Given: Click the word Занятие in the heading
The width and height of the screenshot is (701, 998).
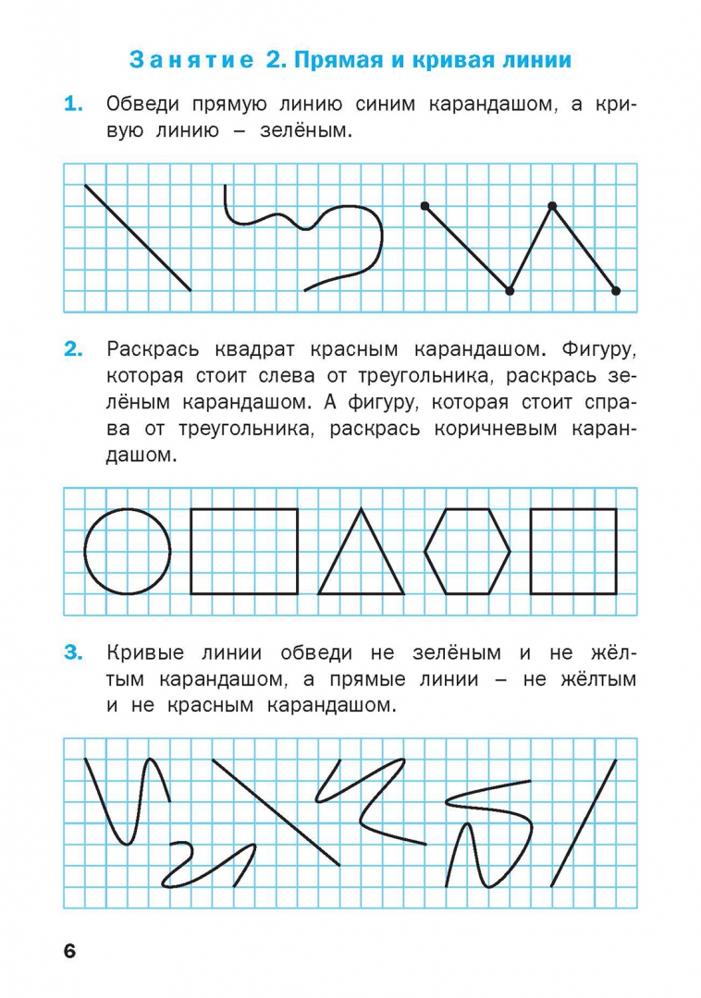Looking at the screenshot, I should click(x=191, y=61).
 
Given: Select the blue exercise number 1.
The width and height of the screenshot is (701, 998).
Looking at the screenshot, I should click(x=73, y=105).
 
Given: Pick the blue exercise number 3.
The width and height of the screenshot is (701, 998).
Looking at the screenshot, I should click(x=73, y=653).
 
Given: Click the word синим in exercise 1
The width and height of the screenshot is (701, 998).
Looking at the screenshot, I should click(x=382, y=105).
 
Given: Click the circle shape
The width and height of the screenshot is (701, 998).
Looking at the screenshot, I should click(x=128, y=552).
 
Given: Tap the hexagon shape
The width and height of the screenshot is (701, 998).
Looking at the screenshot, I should click(x=467, y=551).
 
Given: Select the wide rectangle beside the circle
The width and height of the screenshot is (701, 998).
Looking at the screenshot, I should click(x=244, y=551).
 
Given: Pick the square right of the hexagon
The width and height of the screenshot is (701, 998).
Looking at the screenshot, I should click(x=573, y=551).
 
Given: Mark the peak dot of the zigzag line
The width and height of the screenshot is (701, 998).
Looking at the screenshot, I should click(x=552, y=205).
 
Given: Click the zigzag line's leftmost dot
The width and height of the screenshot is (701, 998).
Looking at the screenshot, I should click(x=424, y=205).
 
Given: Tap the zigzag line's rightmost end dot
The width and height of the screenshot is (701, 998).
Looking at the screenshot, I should click(x=616, y=291).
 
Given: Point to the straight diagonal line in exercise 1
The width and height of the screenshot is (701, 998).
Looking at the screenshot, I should click(x=138, y=237).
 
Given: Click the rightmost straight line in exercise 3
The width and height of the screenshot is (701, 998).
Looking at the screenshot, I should click(x=584, y=822).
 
